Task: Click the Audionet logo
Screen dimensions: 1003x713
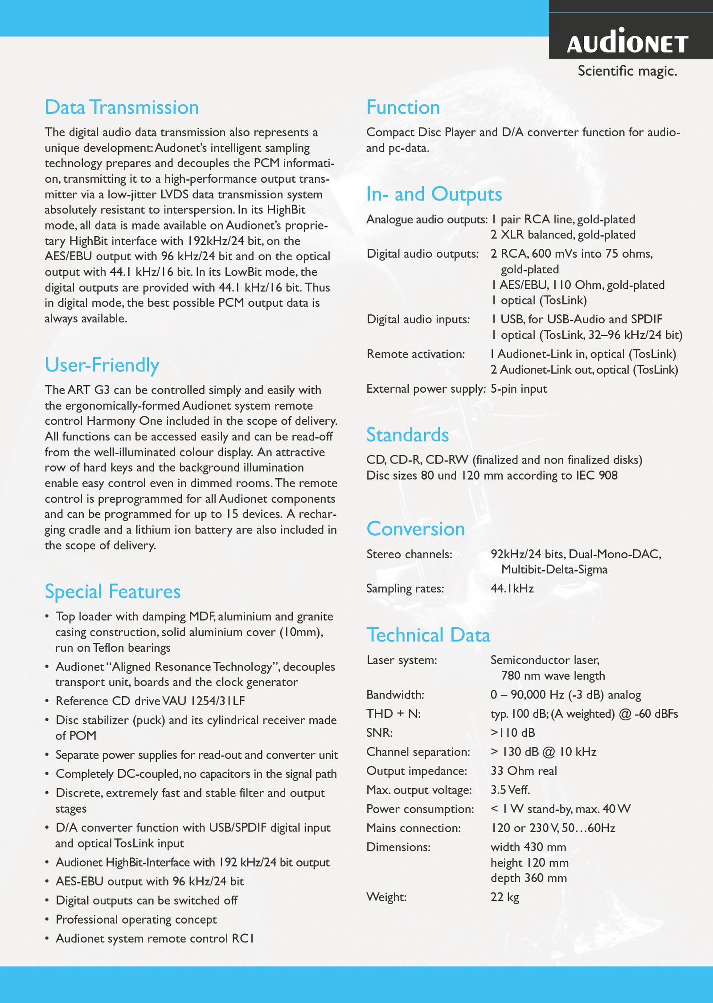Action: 627,43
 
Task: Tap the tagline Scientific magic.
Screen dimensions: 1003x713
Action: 627,71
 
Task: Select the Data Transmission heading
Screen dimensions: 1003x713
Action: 122,107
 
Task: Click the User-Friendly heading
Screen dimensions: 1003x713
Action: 102,365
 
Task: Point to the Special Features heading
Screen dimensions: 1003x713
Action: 112,592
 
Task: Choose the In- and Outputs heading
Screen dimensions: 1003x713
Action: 434,194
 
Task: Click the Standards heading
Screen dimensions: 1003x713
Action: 407,435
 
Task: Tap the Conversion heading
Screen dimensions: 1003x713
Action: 415,529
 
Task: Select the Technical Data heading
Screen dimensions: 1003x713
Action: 428,635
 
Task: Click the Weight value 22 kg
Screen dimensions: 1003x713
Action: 505,897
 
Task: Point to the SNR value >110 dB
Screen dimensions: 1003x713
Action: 512,732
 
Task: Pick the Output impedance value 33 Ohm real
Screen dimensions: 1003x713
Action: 524,771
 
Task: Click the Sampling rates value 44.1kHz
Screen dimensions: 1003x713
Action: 512,588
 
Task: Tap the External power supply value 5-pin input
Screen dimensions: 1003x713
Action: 519,389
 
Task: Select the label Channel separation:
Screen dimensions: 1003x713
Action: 418,752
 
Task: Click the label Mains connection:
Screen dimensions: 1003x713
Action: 413,828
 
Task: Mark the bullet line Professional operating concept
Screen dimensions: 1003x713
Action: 136,919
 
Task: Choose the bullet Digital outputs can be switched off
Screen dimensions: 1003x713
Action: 146,900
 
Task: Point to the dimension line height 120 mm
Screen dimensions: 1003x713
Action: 529,863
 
